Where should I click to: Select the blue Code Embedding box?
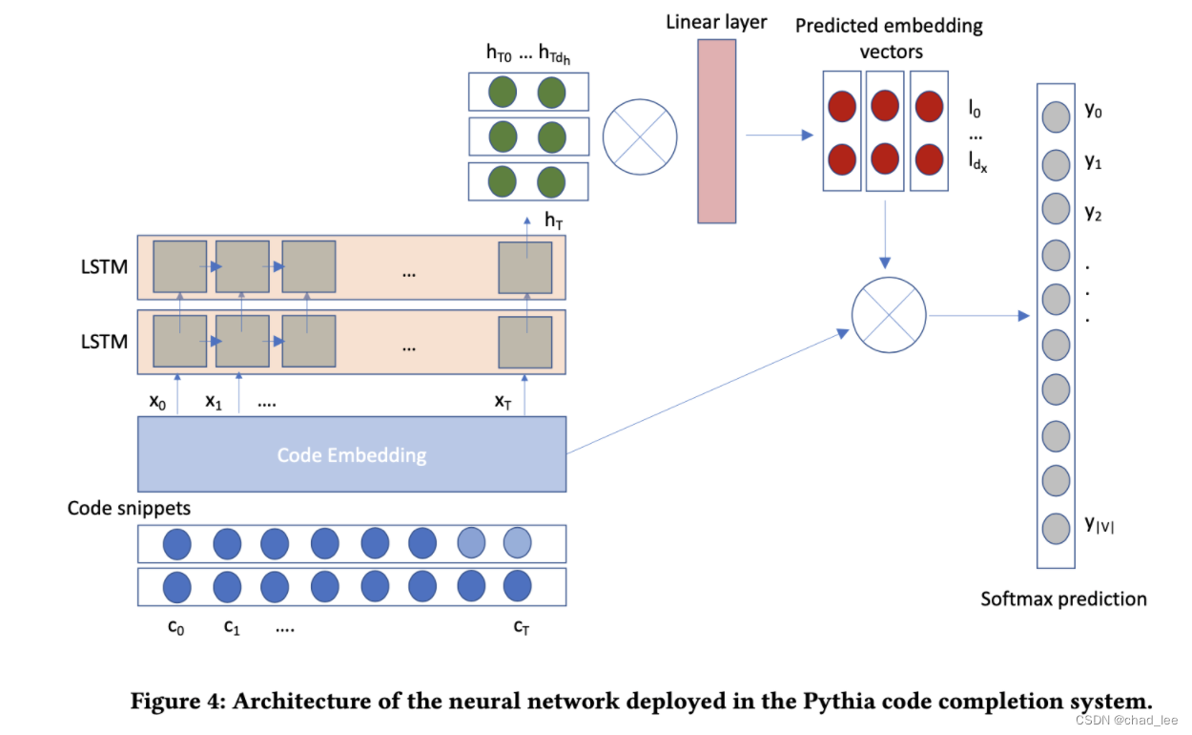[352, 454]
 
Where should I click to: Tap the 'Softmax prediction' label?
[1063, 599]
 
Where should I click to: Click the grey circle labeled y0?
[1055, 117]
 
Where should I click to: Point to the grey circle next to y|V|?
[1055, 527]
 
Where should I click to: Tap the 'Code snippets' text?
[129, 508]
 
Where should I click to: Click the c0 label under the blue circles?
[175, 627]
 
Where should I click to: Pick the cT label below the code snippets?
[521, 627]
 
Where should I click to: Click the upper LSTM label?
[104, 266]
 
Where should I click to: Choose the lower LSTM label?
[104, 341]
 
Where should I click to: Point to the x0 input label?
[156, 402]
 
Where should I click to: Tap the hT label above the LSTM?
[554, 220]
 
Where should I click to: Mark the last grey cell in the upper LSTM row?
[525, 267]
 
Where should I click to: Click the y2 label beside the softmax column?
[1093, 213]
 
